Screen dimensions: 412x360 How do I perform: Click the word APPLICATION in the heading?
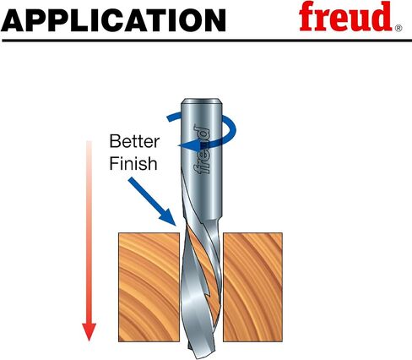[113, 20]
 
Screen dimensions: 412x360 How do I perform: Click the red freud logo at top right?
[345, 16]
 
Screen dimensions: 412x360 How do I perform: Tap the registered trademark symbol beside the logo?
[398, 28]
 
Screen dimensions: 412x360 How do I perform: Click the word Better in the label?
[134, 141]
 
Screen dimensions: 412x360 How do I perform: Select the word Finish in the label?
[133, 163]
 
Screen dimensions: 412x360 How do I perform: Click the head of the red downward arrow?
[89, 331]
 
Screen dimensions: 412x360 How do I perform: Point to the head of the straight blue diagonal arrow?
[168, 218]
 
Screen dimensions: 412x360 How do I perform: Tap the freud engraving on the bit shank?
[202, 149]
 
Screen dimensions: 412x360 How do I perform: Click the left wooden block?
[149, 287]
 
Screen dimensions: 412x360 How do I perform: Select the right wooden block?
[252, 287]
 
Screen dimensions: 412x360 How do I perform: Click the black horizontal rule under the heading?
[207, 41]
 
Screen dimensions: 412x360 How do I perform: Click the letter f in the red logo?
[308, 16]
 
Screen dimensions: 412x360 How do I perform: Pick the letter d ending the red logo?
[381, 16]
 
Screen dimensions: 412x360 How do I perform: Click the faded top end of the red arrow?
[89, 141]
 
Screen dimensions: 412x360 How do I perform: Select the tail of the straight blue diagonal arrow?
[132, 180]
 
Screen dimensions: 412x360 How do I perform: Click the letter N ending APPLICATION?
[214, 20]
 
